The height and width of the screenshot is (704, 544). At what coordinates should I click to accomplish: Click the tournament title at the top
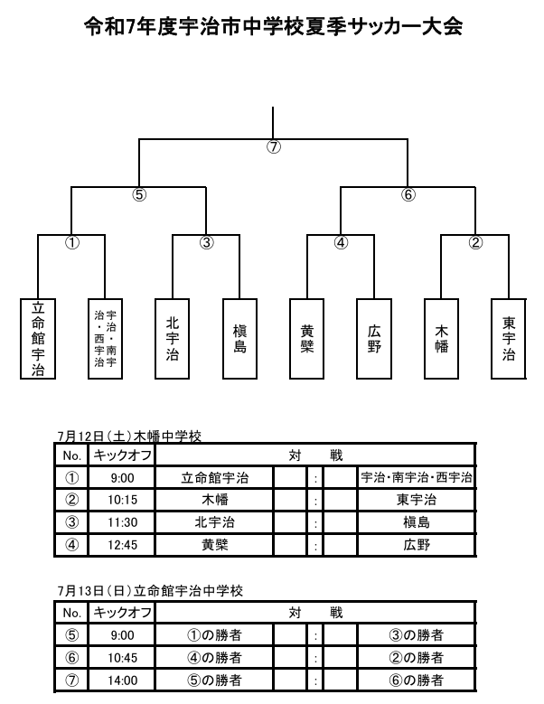273,27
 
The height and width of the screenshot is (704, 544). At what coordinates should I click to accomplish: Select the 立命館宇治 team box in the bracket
38,339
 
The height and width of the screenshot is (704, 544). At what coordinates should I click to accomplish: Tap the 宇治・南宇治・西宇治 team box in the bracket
105,339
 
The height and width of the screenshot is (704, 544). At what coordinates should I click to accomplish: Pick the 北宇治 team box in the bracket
173,339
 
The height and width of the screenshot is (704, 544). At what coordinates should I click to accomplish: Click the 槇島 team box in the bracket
239,339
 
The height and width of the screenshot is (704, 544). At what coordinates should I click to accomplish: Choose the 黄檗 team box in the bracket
307,339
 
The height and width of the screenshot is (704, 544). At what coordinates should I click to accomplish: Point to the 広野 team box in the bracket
374,339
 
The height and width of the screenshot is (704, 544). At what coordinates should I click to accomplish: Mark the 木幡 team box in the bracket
441,339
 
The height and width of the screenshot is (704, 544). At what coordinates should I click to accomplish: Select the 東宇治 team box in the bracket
509,339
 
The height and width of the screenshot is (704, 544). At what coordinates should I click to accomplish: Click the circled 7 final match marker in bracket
273,146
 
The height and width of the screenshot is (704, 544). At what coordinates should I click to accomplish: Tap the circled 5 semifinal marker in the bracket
139,195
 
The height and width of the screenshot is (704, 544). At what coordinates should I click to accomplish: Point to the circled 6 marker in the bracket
408,195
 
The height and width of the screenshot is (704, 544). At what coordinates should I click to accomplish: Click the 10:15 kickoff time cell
122,500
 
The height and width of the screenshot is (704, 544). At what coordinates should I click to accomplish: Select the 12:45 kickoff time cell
122,545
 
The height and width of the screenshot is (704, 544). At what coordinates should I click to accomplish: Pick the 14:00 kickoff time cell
122,681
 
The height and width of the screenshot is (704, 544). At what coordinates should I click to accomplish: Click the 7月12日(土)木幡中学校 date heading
129,436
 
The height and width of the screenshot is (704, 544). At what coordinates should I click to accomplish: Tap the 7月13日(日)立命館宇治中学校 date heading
150,591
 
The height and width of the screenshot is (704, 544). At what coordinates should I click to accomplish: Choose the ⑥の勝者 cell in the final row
416,681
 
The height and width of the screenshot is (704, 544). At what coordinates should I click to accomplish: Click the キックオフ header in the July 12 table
122,455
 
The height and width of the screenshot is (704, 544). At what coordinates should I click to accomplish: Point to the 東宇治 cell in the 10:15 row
416,500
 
